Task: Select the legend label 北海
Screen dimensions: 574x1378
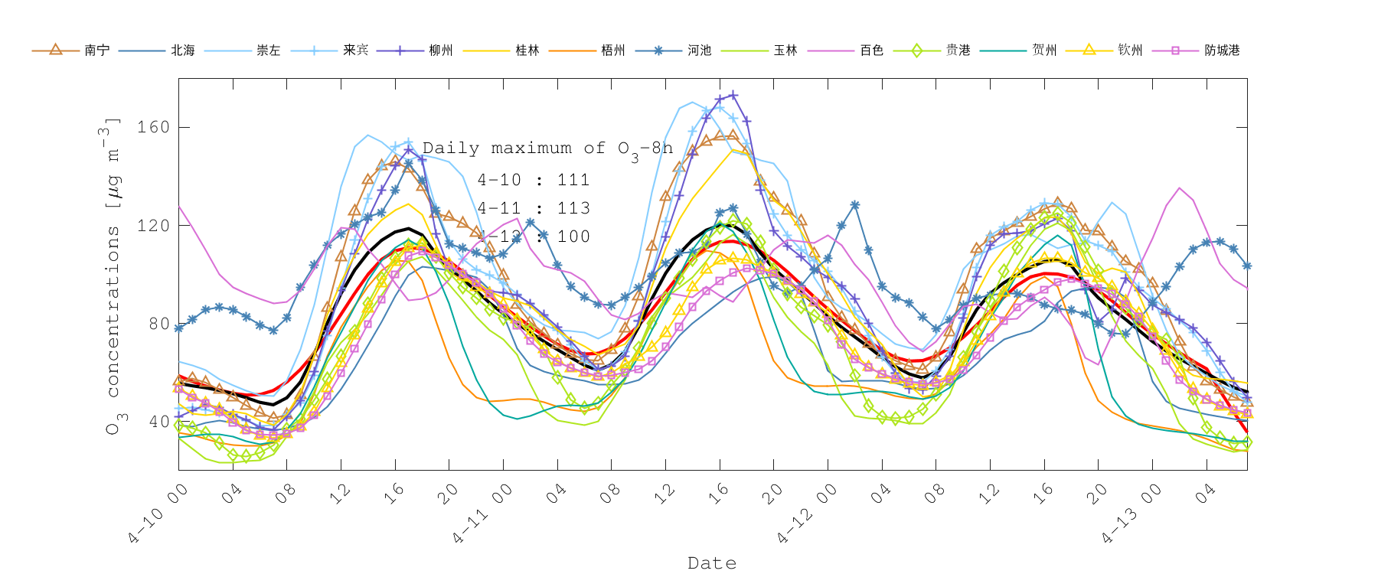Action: [x=182, y=51]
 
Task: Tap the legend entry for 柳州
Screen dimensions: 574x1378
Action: [x=441, y=51]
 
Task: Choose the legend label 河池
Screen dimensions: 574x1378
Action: [x=699, y=51]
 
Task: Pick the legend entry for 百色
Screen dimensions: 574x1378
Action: [x=871, y=51]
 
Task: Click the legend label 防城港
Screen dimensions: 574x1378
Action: [x=1222, y=51]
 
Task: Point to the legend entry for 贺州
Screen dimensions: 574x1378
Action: [x=1044, y=51]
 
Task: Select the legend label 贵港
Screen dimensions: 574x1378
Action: [x=958, y=51]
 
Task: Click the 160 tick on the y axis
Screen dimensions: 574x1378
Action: [x=153, y=127]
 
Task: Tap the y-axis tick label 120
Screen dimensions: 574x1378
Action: [x=153, y=226]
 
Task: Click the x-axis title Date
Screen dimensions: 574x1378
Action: [x=712, y=563]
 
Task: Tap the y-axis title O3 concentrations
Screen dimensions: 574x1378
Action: [x=113, y=276]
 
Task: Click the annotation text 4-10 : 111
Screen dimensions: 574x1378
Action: [x=534, y=180]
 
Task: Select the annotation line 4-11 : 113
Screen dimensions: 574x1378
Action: [x=534, y=208]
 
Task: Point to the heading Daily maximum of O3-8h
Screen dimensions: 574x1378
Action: [x=547, y=148]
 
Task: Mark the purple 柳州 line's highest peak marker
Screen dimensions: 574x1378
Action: [x=733, y=96]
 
